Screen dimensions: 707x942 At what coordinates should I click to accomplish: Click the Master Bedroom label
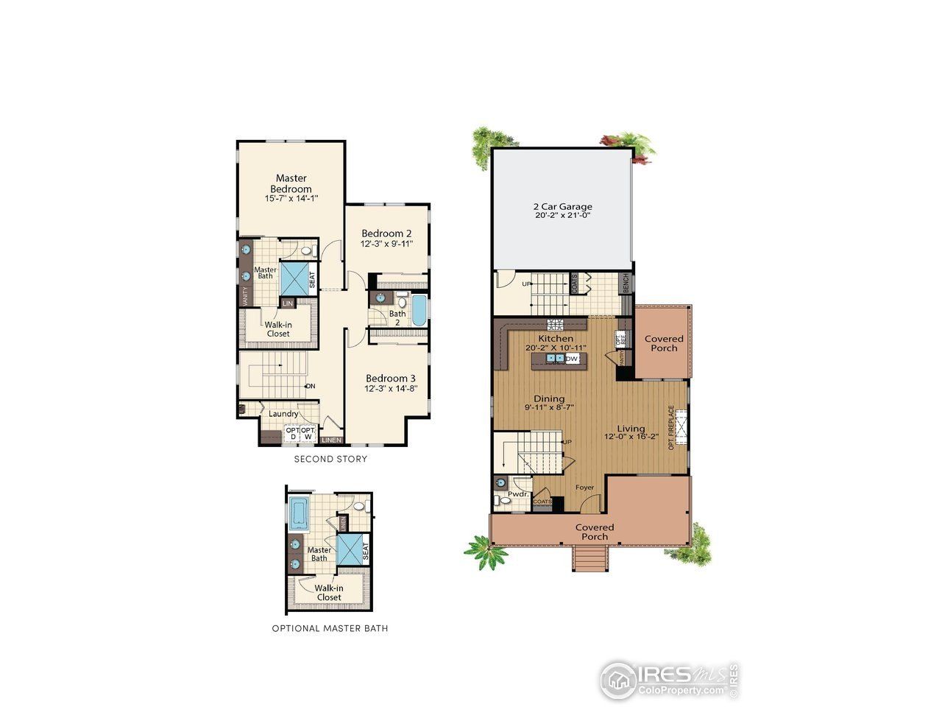click(x=291, y=183)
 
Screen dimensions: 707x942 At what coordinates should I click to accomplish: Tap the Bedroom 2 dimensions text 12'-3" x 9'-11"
click(x=386, y=244)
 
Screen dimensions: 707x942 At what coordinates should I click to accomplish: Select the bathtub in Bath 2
click(x=418, y=311)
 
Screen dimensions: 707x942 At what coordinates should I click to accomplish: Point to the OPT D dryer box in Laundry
click(x=292, y=433)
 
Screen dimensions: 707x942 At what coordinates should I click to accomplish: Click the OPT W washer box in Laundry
click(x=308, y=433)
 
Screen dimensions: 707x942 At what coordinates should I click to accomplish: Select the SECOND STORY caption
click(x=330, y=460)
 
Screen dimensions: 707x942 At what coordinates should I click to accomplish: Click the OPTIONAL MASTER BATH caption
click(x=330, y=629)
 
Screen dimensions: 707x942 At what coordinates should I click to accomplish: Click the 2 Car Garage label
click(x=562, y=207)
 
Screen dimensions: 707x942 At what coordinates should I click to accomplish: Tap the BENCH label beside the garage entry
click(x=626, y=284)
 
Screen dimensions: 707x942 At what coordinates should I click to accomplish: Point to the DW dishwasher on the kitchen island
click(x=572, y=359)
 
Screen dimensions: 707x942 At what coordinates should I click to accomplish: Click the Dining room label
click(x=549, y=398)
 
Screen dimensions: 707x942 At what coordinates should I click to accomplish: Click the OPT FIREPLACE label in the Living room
click(x=670, y=427)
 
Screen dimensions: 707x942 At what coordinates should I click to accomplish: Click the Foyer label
click(x=584, y=487)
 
